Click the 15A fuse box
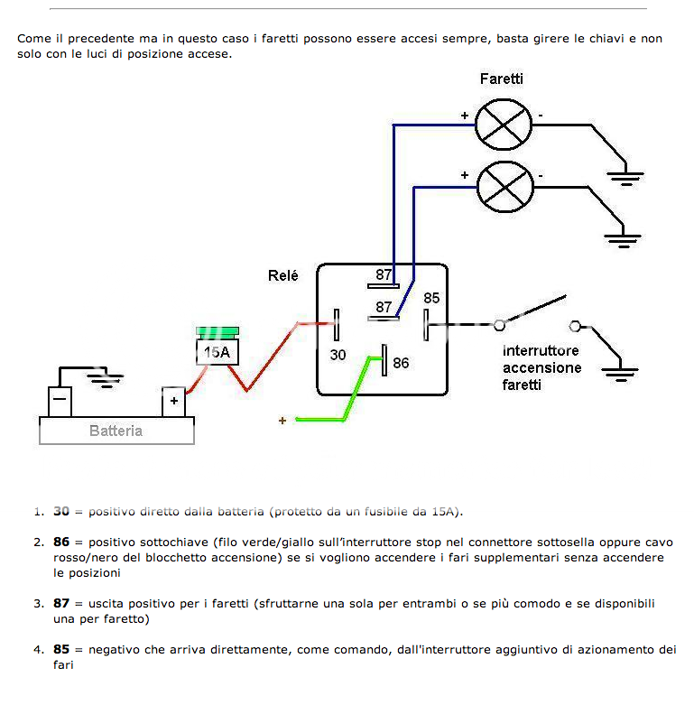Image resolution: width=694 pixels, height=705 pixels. pos(217,352)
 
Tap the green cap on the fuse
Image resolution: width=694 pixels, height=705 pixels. pos(217,333)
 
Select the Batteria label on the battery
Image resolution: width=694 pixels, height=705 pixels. pos(116,431)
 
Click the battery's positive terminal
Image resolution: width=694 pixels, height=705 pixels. pos(174,402)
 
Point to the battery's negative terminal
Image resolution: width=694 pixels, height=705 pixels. pos(60,402)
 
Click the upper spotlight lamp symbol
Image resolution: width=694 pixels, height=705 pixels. pos(504,125)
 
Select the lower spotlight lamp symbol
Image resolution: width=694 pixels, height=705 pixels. pos(505,187)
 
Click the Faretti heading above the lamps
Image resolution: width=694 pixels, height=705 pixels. pos(502,79)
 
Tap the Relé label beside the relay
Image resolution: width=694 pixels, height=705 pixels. pos(283,275)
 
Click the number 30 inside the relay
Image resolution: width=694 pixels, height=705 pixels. pos(338,355)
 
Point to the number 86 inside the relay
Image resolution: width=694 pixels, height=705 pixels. pos(401,363)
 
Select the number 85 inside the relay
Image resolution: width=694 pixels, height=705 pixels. pos(431,298)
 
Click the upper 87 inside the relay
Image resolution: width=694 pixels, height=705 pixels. pos(384,274)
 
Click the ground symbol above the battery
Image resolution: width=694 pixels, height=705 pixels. pos(106,380)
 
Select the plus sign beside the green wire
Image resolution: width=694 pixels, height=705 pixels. pos(282,421)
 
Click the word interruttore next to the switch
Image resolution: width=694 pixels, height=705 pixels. pos(541,351)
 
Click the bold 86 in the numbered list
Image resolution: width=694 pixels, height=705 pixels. pos(61,542)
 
